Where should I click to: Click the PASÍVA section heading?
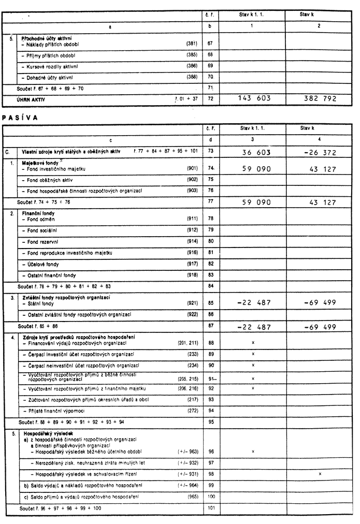coord(20,117)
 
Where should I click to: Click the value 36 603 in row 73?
coord(256,153)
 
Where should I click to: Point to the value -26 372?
coord(319,153)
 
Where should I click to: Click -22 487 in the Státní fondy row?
coord(253,303)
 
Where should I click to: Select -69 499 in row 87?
coord(318,327)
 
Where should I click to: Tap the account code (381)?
coord(192,43)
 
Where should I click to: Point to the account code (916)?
coord(192,253)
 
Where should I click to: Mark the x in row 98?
coord(320,474)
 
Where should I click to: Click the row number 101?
coord(210,508)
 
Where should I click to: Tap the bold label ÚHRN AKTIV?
coord(32,98)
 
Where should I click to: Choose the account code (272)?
coord(192,411)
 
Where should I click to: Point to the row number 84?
coord(210,286)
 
